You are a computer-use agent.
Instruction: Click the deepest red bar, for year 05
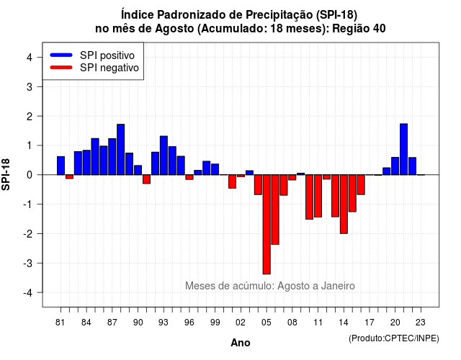(267, 224)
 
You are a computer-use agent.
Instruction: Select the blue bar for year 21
(403, 149)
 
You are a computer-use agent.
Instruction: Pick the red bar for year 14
(344, 204)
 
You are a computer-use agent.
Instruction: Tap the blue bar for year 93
(164, 156)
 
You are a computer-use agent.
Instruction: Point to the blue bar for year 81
(61, 166)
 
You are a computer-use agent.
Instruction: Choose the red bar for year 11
(318, 196)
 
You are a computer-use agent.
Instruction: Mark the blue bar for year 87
(112, 157)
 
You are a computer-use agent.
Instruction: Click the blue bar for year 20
(395, 166)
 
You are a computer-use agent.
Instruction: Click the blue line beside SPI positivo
(61, 55)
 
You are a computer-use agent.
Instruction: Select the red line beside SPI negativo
(61, 68)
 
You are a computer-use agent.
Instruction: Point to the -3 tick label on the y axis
(28, 264)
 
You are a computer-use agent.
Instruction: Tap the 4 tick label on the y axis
(30, 58)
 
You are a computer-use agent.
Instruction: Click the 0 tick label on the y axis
(30, 175)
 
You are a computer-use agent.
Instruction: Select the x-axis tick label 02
(241, 323)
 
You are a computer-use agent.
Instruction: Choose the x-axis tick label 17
(370, 323)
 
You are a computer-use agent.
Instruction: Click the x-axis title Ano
(241, 343)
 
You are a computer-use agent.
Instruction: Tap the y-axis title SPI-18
(6, 174)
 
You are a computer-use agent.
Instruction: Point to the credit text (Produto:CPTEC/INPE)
(394, 338)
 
